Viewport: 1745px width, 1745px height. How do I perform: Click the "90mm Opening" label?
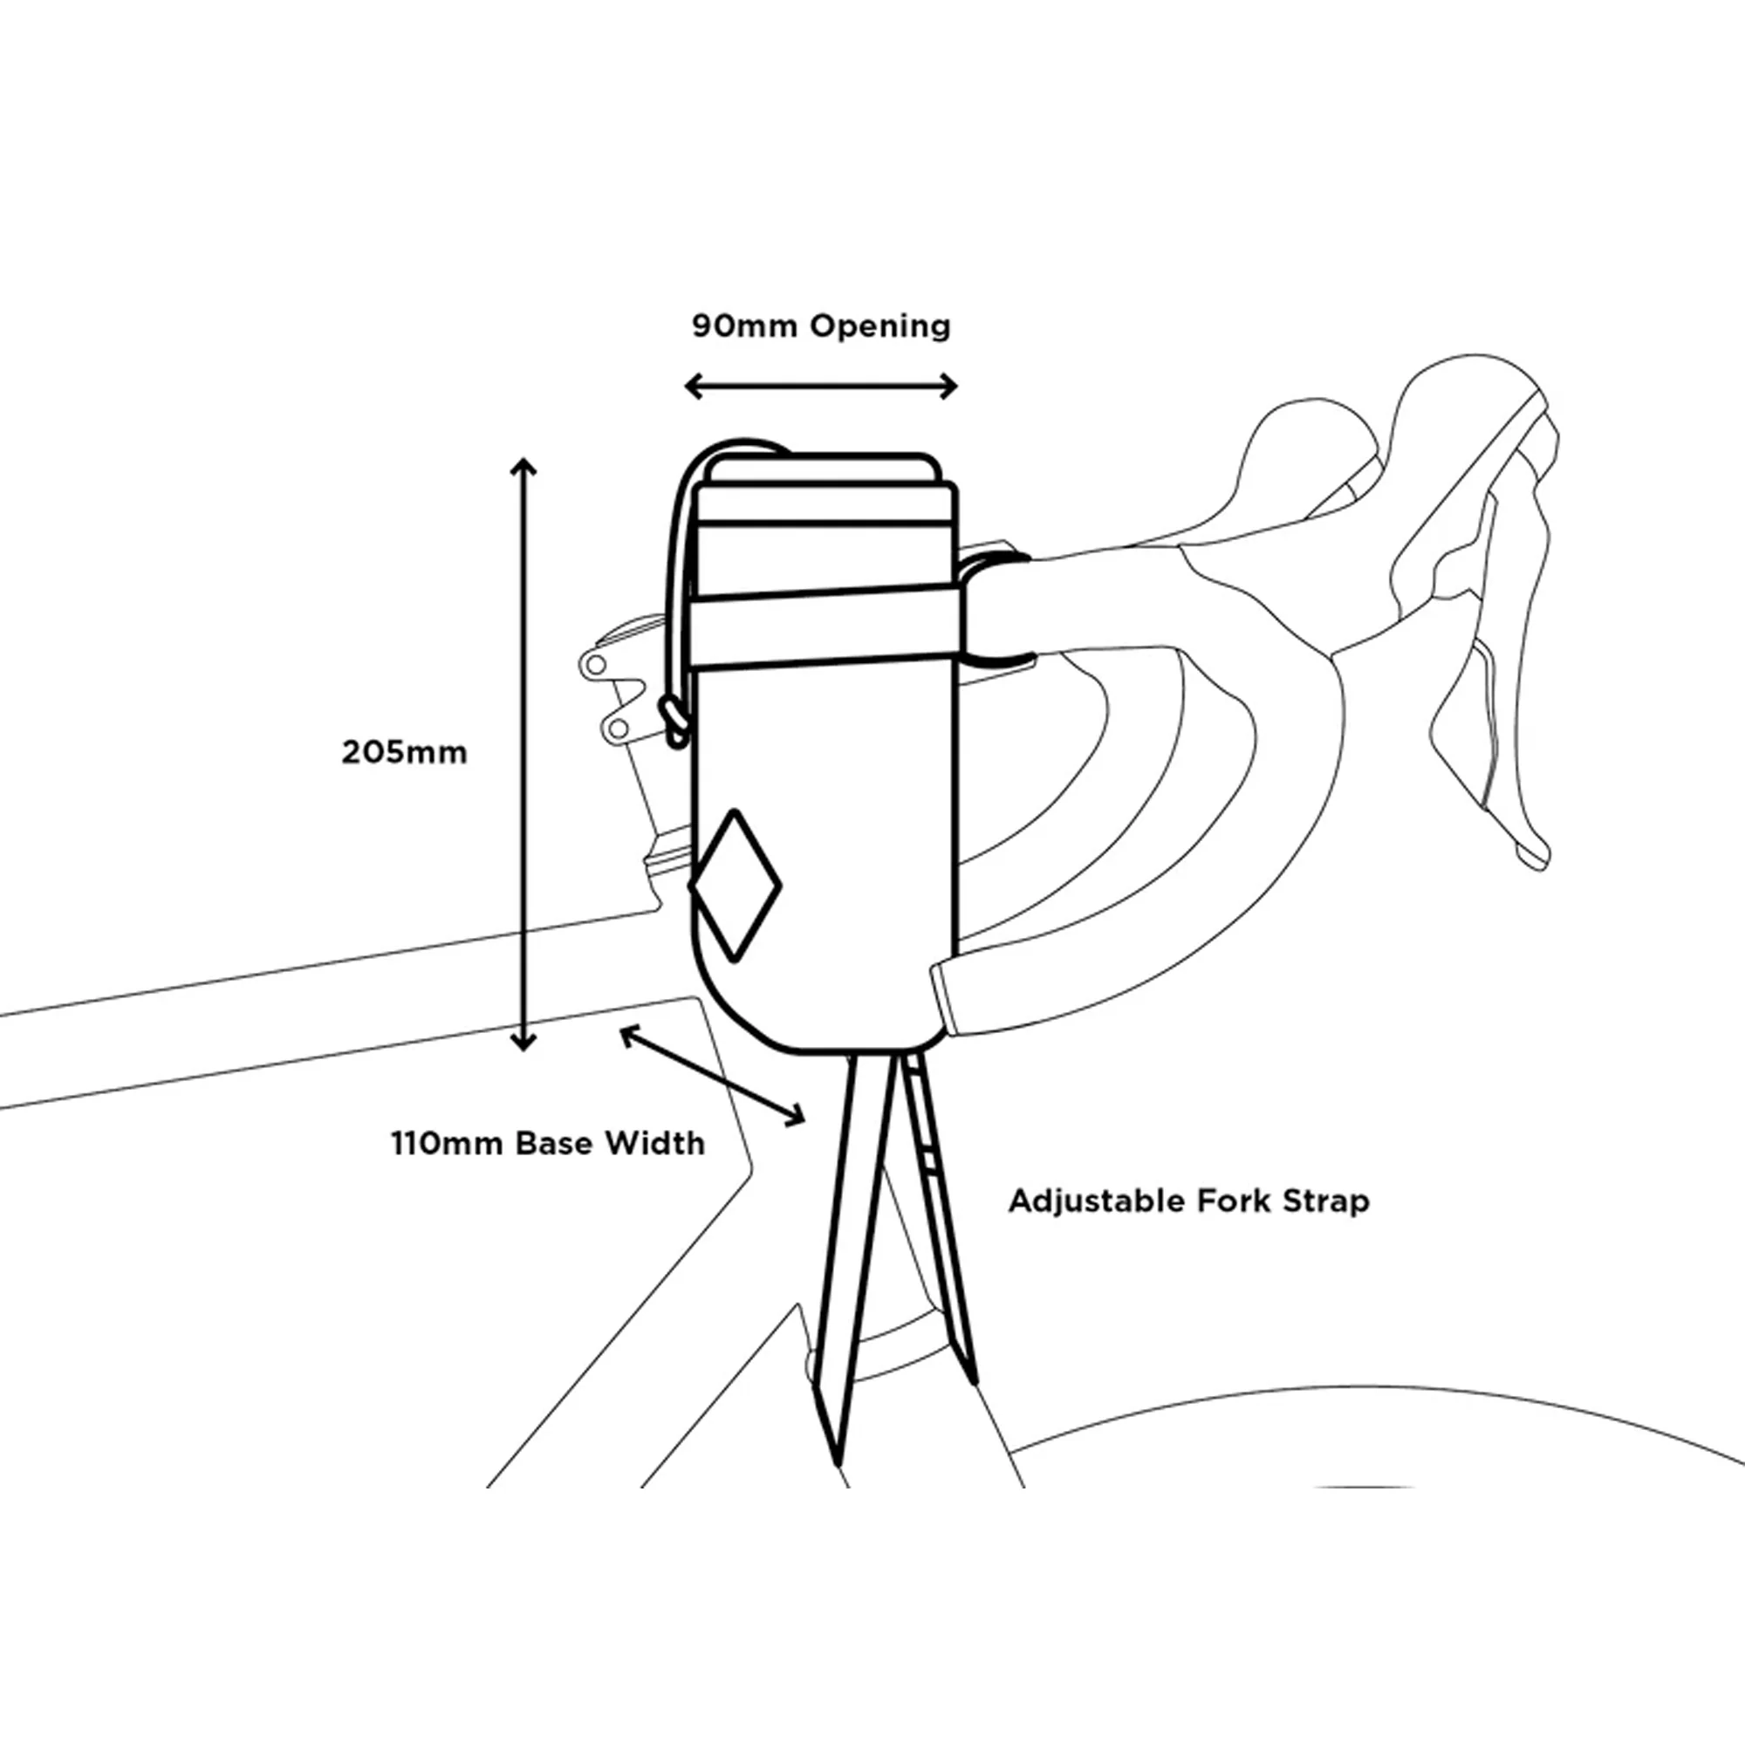coord(821,326)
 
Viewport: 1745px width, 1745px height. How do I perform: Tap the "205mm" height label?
coord(405,752)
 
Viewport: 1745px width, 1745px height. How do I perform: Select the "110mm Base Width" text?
coord(547,1144)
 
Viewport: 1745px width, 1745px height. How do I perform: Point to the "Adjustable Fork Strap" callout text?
coord(1188,1202)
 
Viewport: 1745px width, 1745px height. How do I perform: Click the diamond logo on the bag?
coord(736,884)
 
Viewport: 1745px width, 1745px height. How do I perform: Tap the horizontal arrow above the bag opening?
coord(821,387)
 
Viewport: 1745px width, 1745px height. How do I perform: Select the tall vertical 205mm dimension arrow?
coord(523,755)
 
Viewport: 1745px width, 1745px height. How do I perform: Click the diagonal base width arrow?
coord(712,1075)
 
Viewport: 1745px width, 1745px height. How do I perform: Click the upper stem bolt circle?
coord(595,666)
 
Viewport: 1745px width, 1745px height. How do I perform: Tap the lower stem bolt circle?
coord(617,727)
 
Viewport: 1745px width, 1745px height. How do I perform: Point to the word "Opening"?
coord(879,327)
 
